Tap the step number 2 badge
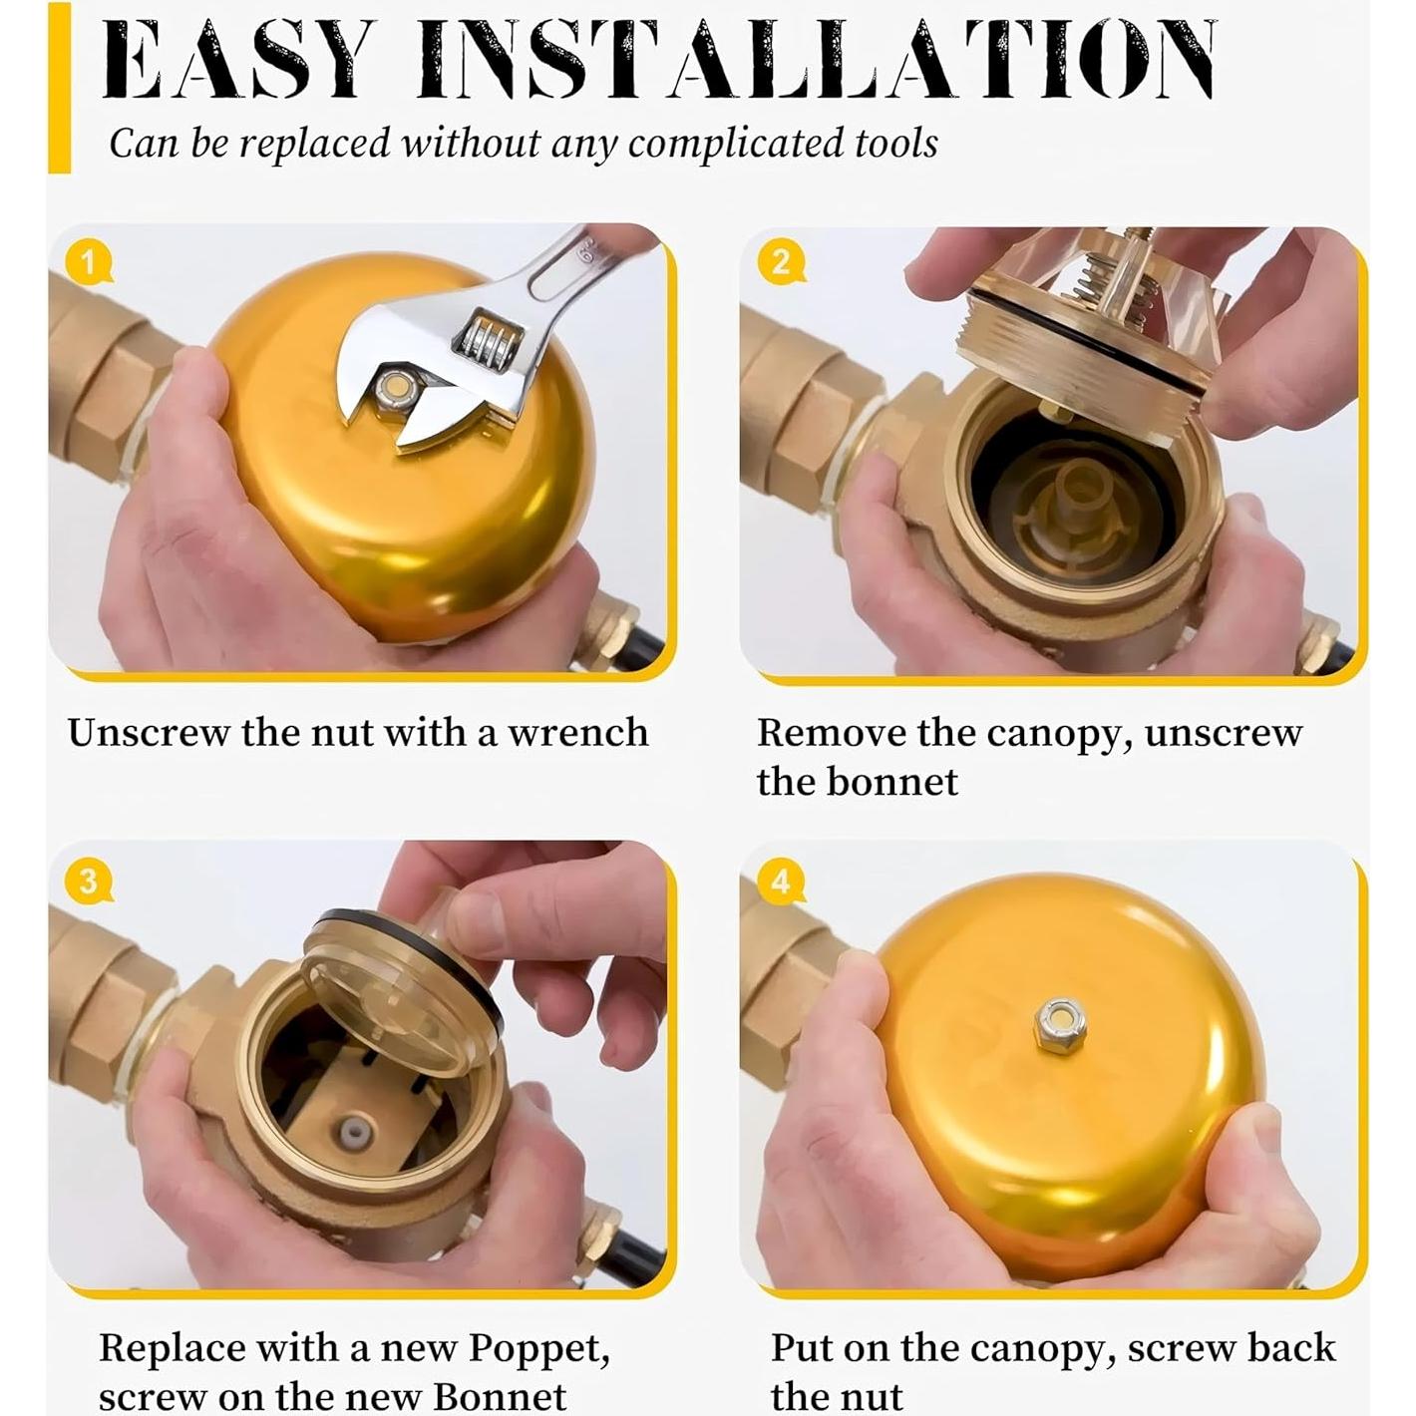(781, 261)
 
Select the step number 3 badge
(88, 881)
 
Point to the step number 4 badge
(781, 882)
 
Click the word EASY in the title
(233, 60)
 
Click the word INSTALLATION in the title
(817, 60)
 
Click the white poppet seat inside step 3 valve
(356, 1135)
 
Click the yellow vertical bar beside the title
(59, 88)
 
